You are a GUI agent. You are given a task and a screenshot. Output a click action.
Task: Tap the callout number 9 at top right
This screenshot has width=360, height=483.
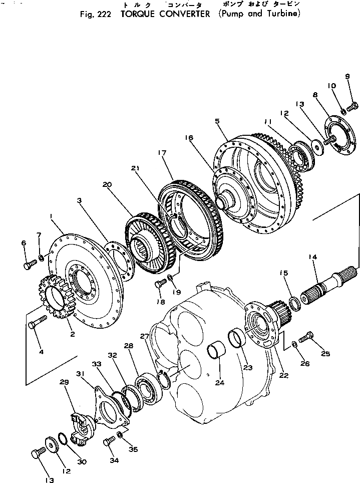346,76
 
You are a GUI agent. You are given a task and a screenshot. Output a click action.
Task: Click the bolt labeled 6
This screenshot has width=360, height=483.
30,264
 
